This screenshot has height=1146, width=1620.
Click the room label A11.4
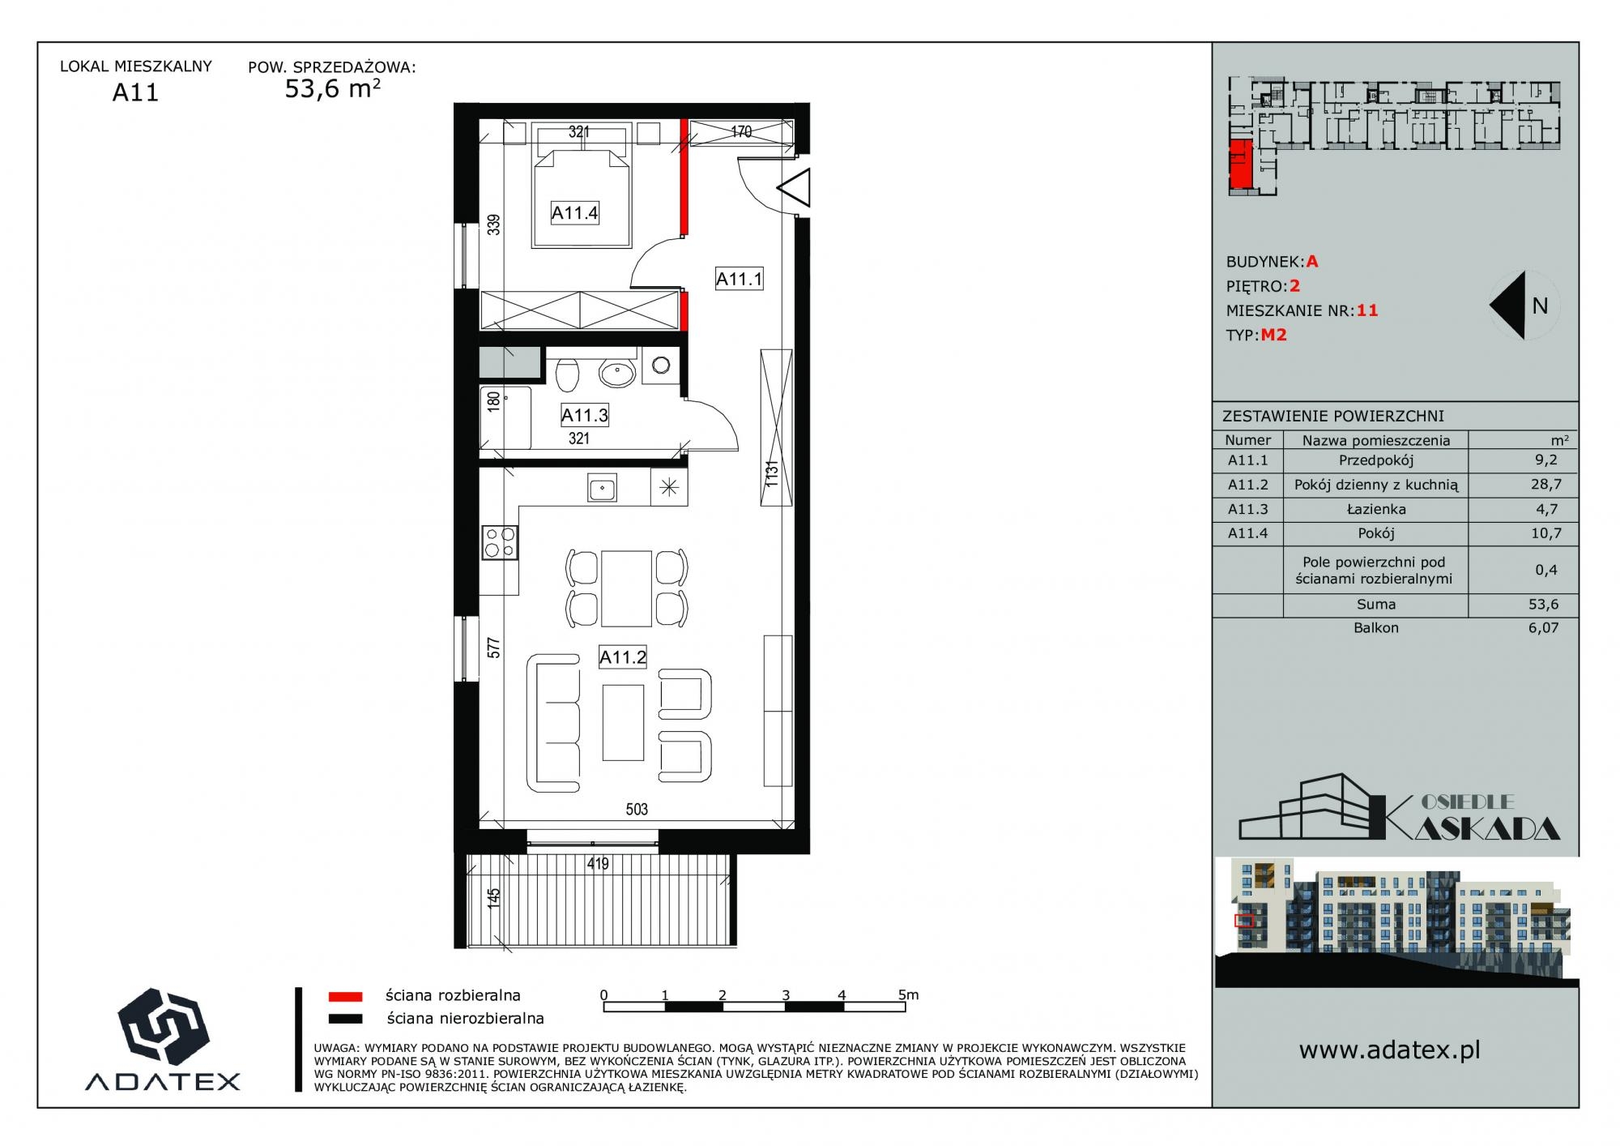[574, 213]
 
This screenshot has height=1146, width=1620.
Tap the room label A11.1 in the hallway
[739, 280]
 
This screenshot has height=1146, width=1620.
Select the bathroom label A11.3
[584, 416]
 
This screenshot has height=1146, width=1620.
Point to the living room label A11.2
[622, 657]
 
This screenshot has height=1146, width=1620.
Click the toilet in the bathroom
[567, 374]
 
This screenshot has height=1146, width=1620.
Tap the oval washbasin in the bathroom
[617, 374]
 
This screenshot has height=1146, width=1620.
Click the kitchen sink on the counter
[601, 490]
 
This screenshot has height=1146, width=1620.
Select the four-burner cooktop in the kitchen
[500, 542]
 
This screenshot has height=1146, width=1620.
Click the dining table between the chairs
[626, 588]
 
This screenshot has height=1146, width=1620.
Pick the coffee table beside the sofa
[623, 722]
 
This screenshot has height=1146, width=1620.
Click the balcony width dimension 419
[598, 864]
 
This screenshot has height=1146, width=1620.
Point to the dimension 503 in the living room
[637, 809]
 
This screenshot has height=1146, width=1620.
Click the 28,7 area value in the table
[1545, 485]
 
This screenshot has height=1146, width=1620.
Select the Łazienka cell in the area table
[1376, 510]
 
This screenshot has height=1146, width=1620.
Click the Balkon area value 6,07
[1544, 627]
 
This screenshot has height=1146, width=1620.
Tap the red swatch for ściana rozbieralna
[344, 996]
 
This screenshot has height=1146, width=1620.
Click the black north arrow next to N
[1507, 306]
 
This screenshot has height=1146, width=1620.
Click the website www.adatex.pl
[1390, 1050]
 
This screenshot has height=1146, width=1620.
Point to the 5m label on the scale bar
[908, 994]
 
